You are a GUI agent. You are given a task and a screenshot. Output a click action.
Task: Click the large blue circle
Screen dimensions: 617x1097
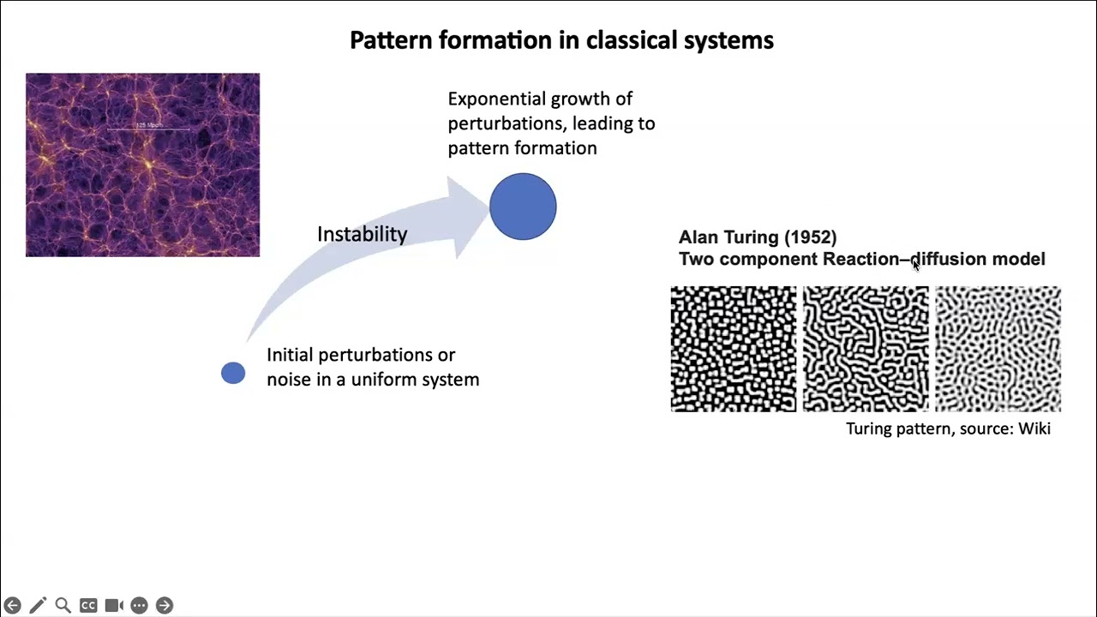[523, 207]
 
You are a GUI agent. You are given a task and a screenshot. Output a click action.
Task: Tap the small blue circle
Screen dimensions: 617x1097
[233, 373]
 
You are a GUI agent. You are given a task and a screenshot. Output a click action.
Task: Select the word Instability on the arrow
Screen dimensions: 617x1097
[362, 234]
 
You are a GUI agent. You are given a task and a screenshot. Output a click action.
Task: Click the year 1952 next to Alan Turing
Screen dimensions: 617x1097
[810, 237]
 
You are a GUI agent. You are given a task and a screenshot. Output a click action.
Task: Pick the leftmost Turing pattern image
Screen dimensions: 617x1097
[733, 349]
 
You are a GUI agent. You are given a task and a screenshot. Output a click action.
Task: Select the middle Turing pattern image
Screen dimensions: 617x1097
[865, 349]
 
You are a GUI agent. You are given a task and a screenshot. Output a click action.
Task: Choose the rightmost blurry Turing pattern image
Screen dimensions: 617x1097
[998, 349]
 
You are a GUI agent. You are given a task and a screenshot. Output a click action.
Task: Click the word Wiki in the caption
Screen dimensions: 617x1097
[1034, 428]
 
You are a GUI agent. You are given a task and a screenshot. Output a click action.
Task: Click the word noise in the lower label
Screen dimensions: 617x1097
[289, 380]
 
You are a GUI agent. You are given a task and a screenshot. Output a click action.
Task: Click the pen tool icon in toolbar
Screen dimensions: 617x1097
[38, 605]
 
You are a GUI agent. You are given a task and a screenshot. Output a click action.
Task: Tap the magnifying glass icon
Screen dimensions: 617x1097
[63, 605]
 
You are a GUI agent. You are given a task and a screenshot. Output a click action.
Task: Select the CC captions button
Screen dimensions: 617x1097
[88, 605]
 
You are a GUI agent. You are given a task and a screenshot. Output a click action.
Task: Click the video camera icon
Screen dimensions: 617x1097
[114, 605]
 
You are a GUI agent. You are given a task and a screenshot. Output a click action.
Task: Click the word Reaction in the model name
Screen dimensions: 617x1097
[860, 259]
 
